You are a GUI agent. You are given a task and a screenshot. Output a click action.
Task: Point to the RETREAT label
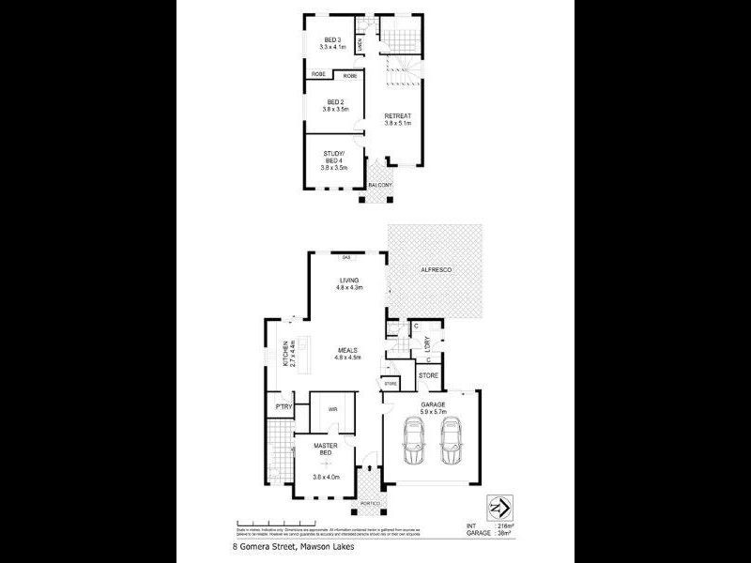pyautogui.click(x=399, y=115)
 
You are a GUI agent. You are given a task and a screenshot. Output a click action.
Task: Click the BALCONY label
pyautogui.click(x=381, y=185)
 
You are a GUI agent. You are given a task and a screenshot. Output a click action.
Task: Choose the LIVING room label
pyautogui.click(x=348, y=280)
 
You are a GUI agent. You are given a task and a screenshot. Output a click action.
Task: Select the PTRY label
pyautogui.click(x=281, y=406)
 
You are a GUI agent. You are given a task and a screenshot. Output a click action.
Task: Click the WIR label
pyautogui.click(x=332, y=409)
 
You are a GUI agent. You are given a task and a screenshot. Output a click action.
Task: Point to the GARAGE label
pyautogui.click(x=433, y=404)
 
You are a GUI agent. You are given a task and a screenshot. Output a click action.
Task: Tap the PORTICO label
pyautogui.click(x=368, y=504)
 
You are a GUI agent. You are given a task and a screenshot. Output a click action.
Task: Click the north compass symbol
pyautogui.click(x=500, y=507)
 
